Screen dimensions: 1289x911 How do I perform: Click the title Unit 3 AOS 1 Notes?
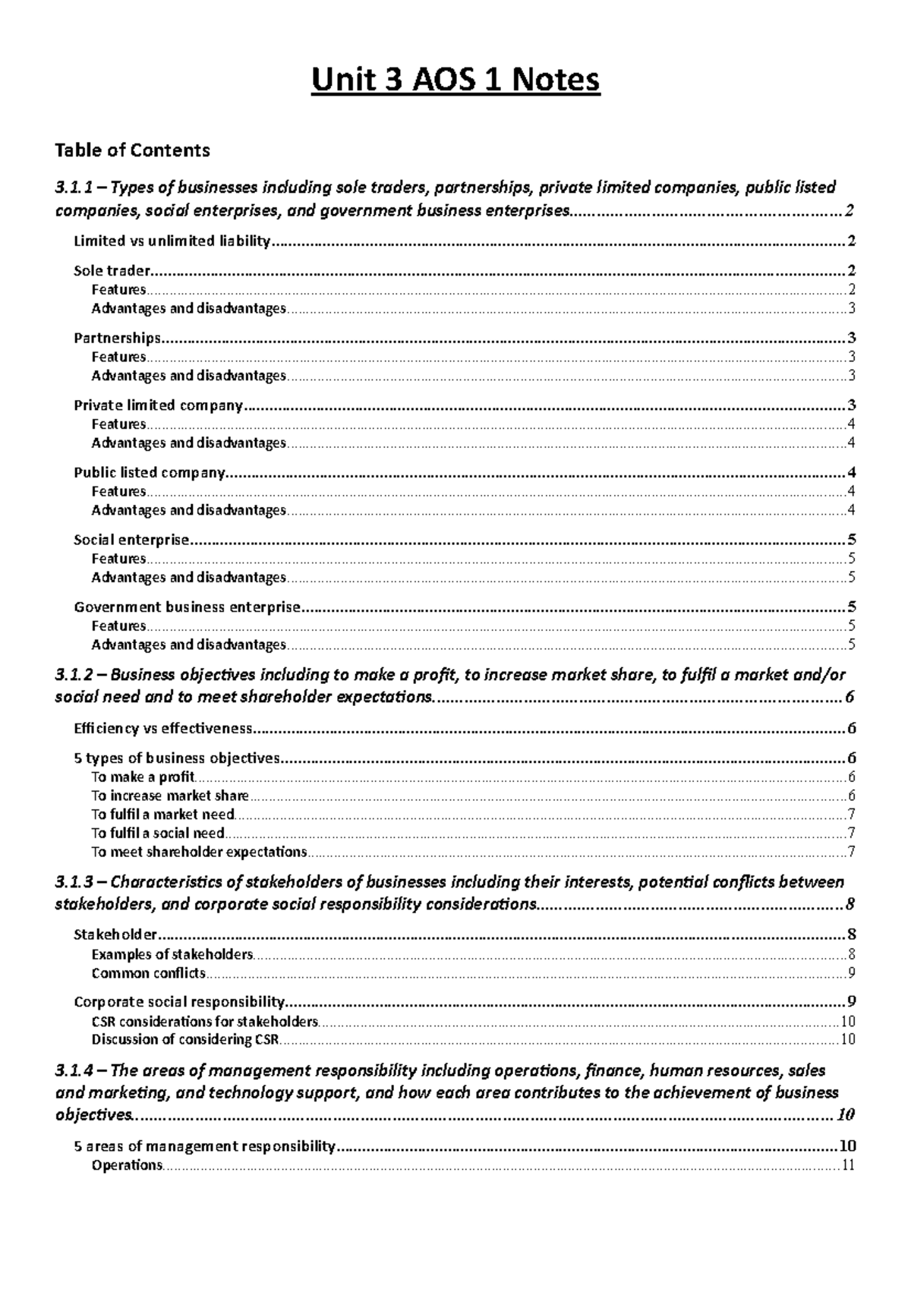coord(455,80)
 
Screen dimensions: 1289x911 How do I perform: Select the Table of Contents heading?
coord(132,150)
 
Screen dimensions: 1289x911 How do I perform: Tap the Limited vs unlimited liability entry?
coord(172,241)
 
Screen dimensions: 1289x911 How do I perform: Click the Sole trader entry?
coord(112,270)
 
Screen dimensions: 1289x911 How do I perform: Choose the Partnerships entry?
coord(117,338)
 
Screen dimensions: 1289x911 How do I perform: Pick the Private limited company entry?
coord(158,405)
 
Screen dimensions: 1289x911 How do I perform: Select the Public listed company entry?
coord(150,473)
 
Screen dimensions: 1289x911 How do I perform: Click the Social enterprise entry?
coord(131,540)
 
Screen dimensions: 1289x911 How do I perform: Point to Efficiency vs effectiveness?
coord(162,729)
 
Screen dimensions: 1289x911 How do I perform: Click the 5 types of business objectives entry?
coord(177,758)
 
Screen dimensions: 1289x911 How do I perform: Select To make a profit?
coord(143,777)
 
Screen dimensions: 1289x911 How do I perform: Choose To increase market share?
coord(170,796)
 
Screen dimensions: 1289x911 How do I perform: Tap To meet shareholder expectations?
coord(199,852)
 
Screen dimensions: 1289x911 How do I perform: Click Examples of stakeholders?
coord(172,954)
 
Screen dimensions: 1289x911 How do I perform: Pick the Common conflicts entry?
coord(148,973)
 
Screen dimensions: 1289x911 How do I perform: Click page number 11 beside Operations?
coord(849,1165)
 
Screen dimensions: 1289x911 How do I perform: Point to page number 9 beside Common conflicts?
coord(852,973)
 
